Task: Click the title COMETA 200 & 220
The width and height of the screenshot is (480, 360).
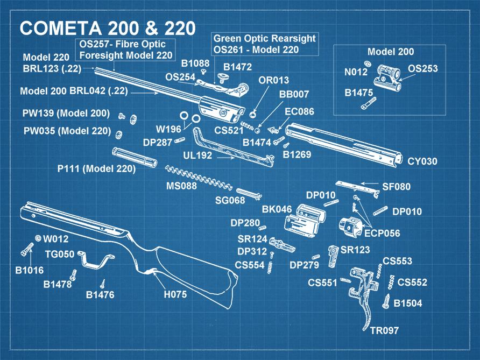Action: tap(108, 27)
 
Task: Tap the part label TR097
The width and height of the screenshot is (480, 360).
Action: tap(384, 330)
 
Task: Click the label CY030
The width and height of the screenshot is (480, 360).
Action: tap(422, 161)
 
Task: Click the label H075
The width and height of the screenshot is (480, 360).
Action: tap(175, 294)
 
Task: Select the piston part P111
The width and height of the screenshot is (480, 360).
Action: tap(135, 157)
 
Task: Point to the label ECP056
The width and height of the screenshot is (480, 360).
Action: tap(382, 234)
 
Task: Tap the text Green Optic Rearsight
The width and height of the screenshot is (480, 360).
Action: tap(265, 39)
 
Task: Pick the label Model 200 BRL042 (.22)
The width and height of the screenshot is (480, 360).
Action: tap(74, 91)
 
